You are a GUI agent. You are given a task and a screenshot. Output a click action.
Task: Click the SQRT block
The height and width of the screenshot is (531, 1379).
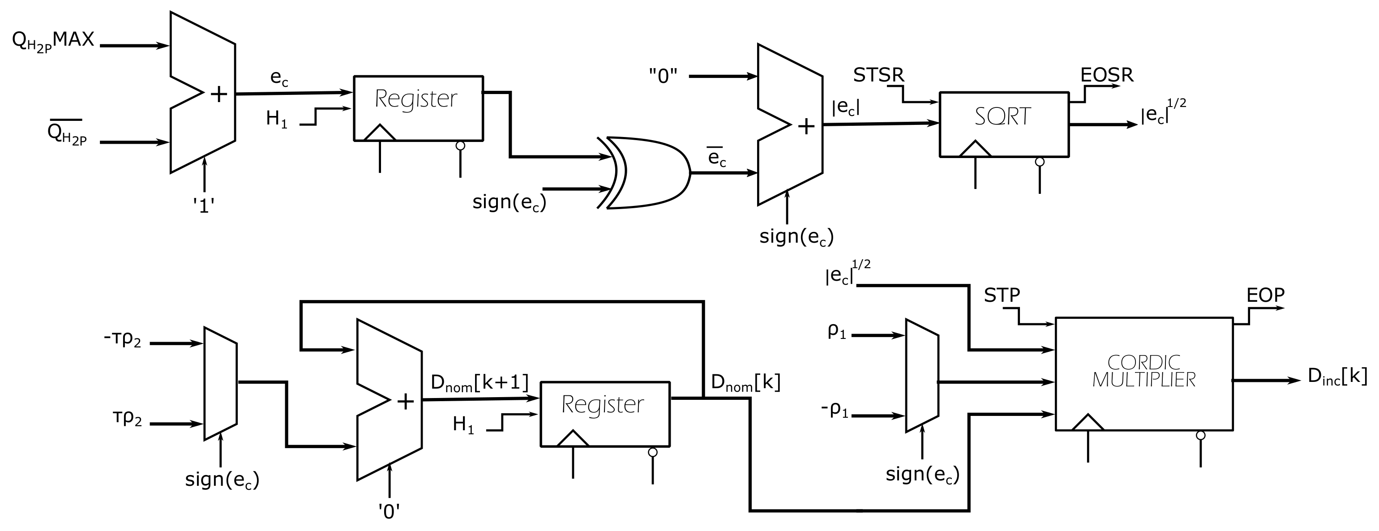pyautogui.click(x=1004, y=124)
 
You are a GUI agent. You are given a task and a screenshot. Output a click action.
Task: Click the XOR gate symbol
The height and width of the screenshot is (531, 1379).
pyautogui.click(x=648, y=172)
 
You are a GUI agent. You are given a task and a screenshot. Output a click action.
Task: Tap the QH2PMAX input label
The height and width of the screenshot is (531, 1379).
pyautogui.click(x=54, y=41)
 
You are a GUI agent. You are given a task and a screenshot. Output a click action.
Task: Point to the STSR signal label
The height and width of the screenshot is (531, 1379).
pyautogui.click(x=878, y=75)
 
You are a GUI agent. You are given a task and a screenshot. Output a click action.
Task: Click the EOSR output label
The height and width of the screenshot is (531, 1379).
pyautogui.click(x=1106, y=75)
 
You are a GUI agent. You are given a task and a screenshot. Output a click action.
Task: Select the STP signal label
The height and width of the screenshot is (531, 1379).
pyautogui.click(x=1002, y=295)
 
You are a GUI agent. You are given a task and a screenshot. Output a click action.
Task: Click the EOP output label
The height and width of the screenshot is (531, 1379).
pyautogui.click(x=1265, y=295)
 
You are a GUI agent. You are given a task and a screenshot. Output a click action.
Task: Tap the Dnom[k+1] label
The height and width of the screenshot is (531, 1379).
pyautogui.click(x=479, y=383)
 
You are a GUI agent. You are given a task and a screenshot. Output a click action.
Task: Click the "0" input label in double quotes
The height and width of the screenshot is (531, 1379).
pyautogui.click(x=663, y=77)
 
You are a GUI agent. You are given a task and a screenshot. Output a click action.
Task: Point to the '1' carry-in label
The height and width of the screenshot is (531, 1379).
pyautogui.click(x=204, y=206)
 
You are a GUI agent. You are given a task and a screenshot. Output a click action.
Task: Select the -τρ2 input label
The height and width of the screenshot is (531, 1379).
pyautogui.click(x=122, y=340)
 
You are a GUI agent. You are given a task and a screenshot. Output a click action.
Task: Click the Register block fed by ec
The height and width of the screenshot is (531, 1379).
pyautogui.click(x=418, y=108)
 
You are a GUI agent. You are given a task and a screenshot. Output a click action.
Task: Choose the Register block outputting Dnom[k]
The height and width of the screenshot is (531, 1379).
pyautogui.click(x=605, y=413)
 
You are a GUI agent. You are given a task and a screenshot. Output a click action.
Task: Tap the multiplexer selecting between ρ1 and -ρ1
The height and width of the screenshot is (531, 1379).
pyautogui.click(x=921, y=376)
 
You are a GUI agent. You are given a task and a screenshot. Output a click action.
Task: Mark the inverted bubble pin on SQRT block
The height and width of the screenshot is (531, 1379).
pyautogui.click(x=1040, y=162)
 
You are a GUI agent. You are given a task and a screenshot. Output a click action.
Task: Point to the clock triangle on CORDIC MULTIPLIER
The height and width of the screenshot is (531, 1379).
pyautogui.click(x=1088, y=423)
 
